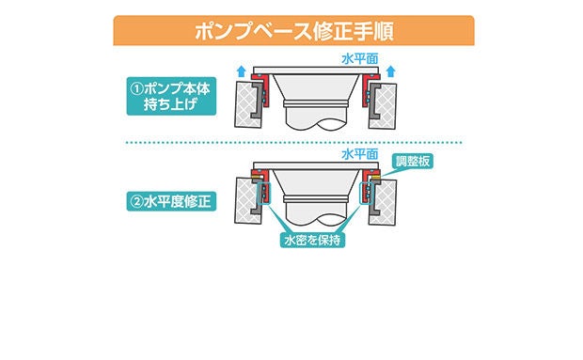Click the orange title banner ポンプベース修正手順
click(293, 30)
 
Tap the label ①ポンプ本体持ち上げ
click(171, 96)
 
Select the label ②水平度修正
click(171, 201)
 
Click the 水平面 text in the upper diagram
click(359, 58)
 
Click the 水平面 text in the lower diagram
click(359, 154)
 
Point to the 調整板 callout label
click(413, 162)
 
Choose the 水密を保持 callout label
click(312, 240)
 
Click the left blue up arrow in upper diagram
click(242, 70)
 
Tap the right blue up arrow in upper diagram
click(390, 70)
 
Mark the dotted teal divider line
click(293, 142)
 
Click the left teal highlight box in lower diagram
click(263, 194)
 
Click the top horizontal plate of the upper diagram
click(316, 70)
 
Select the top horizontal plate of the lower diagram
click(316, 165)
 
